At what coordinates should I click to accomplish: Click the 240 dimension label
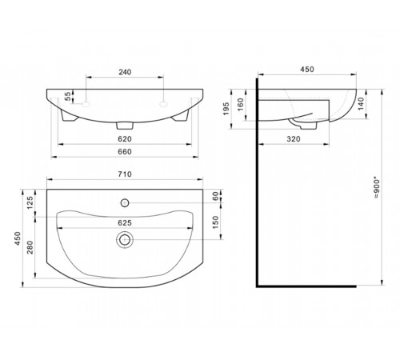[x=125, y=72]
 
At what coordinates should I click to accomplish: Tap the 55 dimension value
[x=68, y=96]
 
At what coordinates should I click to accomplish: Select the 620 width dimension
[x=125, y=139]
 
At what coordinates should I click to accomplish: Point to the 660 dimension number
[x=125, y=151]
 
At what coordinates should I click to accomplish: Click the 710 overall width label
[x=125, y=174]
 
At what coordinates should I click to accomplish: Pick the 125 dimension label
[x=30, y=202]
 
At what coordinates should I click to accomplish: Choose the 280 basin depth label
[x=30, y=247]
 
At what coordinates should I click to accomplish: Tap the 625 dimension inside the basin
[x=125, y=222]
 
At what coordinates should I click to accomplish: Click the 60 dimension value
[x=215, y=196]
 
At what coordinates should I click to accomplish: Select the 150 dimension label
[x=215, y=222]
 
